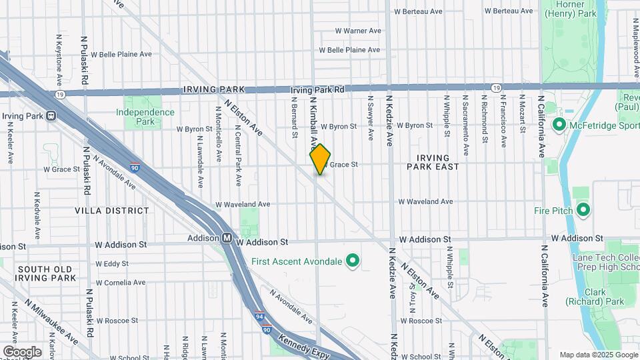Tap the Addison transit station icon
point(227,238)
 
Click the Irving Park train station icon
point(50,116)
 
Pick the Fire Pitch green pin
point(583,211)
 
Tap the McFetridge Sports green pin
point(559,125)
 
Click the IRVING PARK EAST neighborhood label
point(438,162)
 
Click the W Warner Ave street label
point(357,31)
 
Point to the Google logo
point(22,351)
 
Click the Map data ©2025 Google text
point(597,355)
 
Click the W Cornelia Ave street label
point(121,283)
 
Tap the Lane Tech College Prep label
point(605,262)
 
